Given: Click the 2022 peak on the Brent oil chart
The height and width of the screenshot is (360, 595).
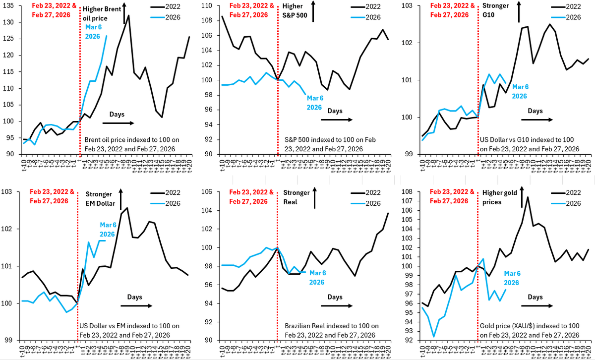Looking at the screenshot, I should [128, 15].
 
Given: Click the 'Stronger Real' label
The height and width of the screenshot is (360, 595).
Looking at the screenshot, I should [297, 198].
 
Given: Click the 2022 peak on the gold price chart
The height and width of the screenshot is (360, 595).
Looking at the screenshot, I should [527, 197].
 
